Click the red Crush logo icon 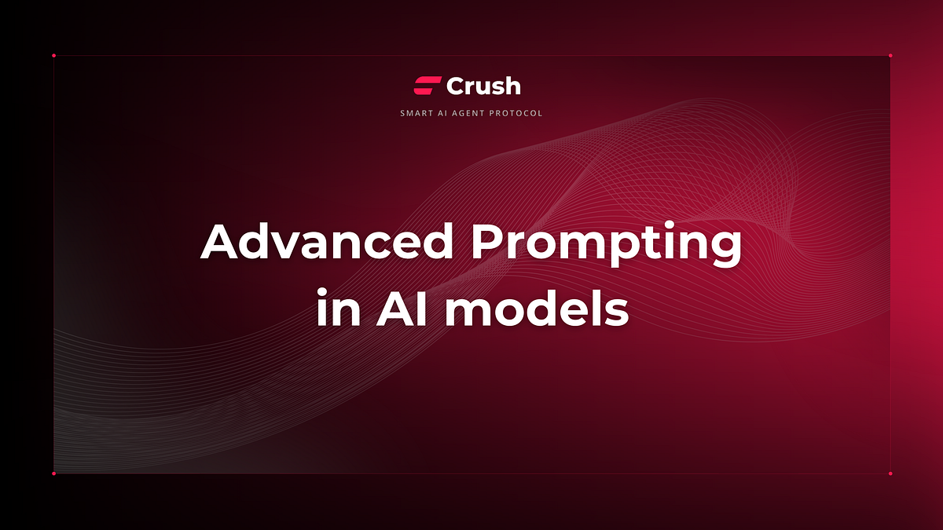427,86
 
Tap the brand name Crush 483,86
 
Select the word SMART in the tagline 415,113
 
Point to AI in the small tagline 445,113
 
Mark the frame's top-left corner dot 53,56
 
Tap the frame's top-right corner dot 890,56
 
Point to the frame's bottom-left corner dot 53,473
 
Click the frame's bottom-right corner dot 890,473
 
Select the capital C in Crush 456,86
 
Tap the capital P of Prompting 491,243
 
